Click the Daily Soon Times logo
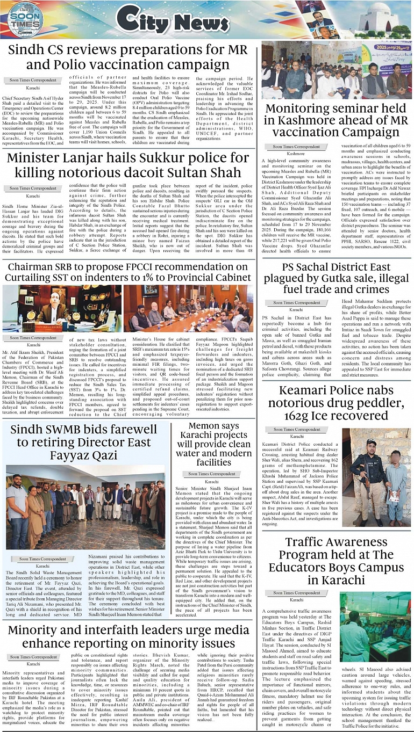pos(24,21)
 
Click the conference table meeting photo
pos(188,308)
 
